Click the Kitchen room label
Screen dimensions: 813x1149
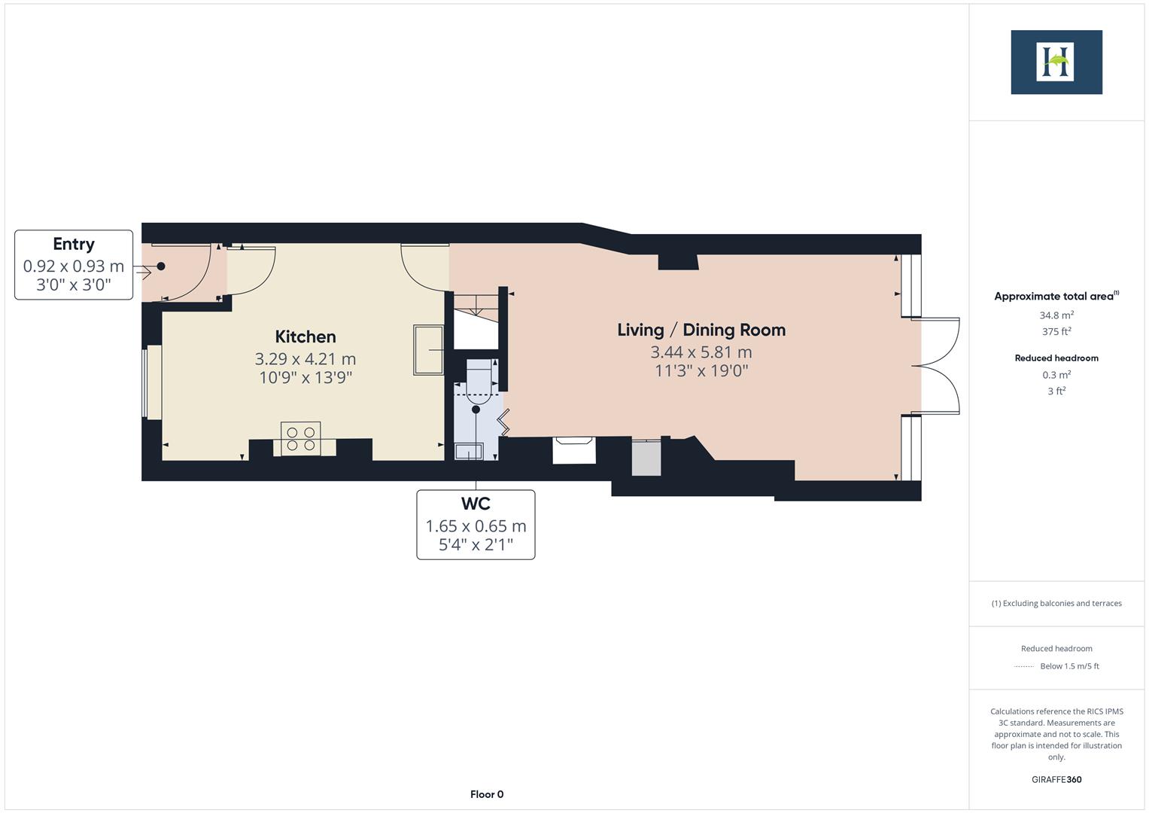tap(305, 336)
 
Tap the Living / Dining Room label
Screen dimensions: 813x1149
tap(701, 330)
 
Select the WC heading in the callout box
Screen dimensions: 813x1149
tap(476, 504)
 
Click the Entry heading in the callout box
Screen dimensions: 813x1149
tap(74, 244)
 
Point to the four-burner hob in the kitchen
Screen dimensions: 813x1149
tap(300, 439)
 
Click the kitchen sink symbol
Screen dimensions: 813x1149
tap(429, 349)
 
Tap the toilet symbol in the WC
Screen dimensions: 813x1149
tap(479, 380)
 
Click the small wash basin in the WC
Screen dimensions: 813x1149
tap(469, 451)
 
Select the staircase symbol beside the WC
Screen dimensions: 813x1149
tap(476, 321)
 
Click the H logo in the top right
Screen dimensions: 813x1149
tap(1056, 62)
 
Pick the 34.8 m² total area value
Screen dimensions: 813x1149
tap(1056, 315)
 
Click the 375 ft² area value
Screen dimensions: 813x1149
tap(1056, 332)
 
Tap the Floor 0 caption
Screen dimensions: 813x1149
tap(486, 794)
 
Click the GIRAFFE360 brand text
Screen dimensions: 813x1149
tap(1056, 779)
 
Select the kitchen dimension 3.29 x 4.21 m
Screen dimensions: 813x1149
tap(305, 359)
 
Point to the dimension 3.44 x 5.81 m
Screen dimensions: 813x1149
tap(701, 352)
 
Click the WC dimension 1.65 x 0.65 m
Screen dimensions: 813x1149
tap(476, 526)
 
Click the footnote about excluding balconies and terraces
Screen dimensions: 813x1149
tap(1056, 603)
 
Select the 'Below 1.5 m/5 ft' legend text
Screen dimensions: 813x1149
tap(1069, 666)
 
